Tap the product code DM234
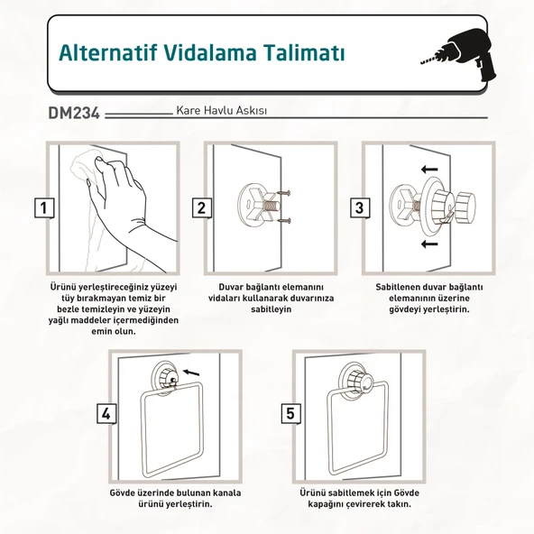point(74,113)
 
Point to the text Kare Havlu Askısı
point(221,111)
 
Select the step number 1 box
point(44,208)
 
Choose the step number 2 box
point(202,208)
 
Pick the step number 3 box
point(360,208)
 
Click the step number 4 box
point(106,414)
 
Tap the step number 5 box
point(290,414)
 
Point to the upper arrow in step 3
point(429,169)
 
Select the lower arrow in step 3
point(429,244)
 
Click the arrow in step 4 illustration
point(191,373)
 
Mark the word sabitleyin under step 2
point(272,309)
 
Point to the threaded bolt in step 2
point(272,207)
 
